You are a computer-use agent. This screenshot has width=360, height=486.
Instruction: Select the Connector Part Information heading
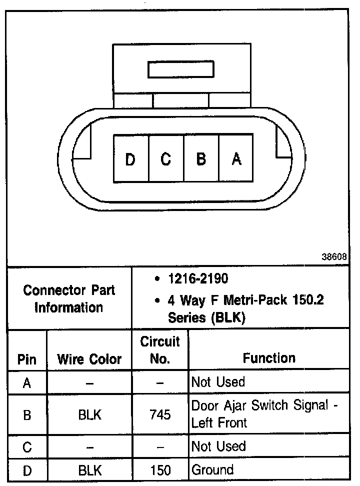pos(69,298)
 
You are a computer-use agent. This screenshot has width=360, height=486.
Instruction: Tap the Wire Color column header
pos(89,359)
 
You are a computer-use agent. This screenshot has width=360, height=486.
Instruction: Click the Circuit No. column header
pos(160,350)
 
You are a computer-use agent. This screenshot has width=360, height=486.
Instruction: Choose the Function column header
pos(269,358)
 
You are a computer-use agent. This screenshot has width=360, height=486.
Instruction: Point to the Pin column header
pos(27,359)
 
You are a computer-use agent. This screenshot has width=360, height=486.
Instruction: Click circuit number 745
pos(160,414)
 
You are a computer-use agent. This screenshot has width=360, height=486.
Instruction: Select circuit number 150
pos(160,470)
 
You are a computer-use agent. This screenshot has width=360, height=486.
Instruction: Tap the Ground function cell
pos(213,470)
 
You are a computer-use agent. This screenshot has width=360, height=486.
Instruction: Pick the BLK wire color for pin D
pos(90,470)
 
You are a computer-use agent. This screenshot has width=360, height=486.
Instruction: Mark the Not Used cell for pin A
pos(218,382)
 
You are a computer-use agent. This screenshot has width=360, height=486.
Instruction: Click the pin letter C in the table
pos(27,447)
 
